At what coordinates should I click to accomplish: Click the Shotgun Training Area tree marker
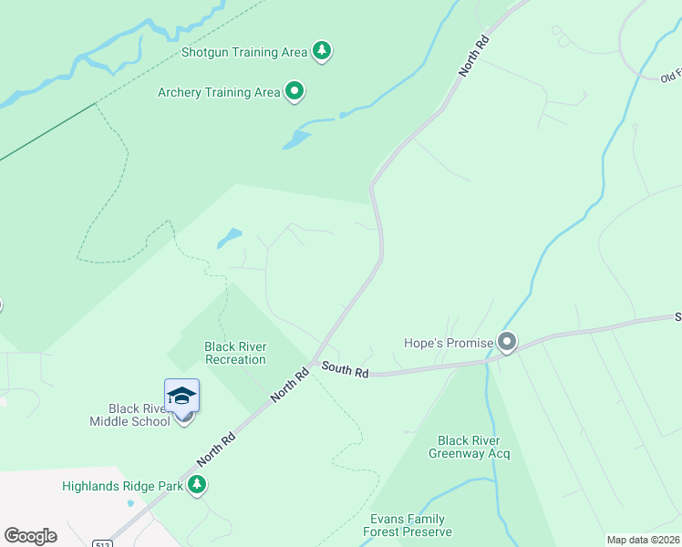(x=321, y=51)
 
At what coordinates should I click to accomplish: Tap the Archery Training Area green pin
(x=294, y=91)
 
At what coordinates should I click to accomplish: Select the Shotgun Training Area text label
(x=244, y=52)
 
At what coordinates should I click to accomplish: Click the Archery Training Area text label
(x=219, y=92)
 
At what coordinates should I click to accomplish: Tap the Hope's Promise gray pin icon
(x=507, y=343)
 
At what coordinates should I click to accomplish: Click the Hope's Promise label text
(x=448, y=344)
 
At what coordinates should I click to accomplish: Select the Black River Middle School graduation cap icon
(x=181, y=395)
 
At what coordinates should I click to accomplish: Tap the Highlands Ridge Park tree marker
(x=197, y=485)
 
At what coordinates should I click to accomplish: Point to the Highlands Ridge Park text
(x=122, y=486)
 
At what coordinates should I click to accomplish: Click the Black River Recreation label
(x=235, y=353)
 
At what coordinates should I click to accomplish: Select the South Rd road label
(x=345, y=370)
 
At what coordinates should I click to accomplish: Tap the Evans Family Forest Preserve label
(x=407, y=525)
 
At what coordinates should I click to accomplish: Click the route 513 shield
(x=103, y=542)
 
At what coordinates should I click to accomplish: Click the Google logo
(x=30, y=536)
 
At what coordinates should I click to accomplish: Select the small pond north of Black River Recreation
(x=229, y=239)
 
